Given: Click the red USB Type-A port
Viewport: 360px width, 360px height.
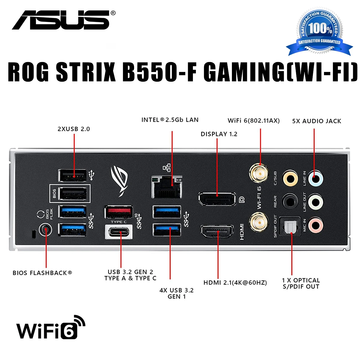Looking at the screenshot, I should click(119, 212).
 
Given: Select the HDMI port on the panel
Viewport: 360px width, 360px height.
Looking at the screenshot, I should click(217, 232).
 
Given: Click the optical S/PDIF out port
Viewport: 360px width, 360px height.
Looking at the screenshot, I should click(290, 227).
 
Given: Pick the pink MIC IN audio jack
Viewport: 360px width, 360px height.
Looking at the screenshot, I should click(316, 225).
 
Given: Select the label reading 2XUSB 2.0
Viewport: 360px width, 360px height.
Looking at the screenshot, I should click(74, 129).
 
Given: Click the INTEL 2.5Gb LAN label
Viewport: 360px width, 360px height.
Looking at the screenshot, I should click(170, 120).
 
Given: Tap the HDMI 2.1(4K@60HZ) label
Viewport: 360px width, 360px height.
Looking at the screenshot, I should click(235, 283).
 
